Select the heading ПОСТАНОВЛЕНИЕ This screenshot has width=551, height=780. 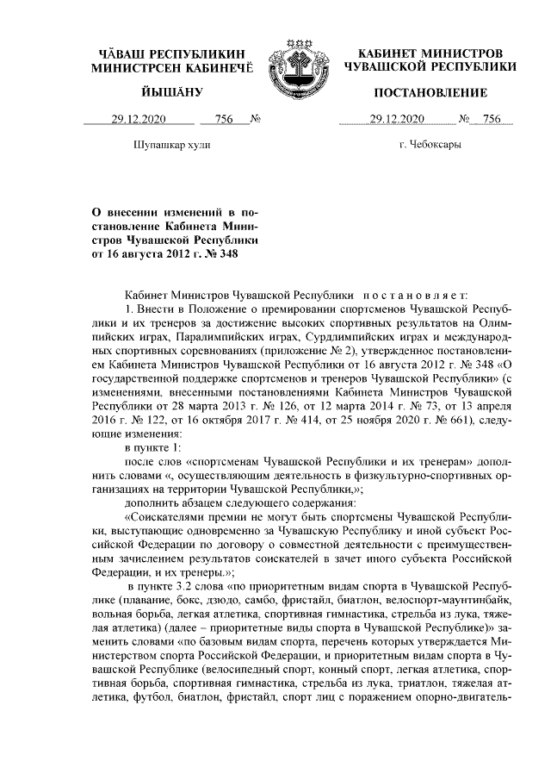(x=430, y=92)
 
